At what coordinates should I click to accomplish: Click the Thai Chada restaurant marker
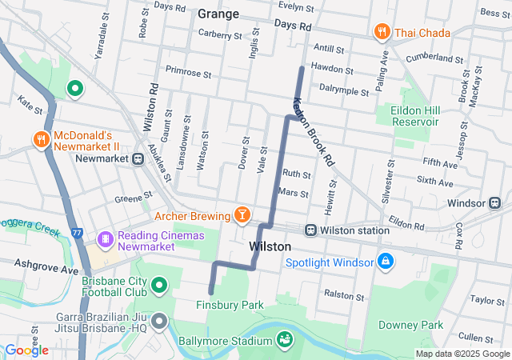(x=382, y=32)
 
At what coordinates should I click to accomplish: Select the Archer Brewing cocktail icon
(x=241, y=214)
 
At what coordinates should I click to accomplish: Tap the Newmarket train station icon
(x=138, y=158)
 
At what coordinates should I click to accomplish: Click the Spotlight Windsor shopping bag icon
(x=385, y=262)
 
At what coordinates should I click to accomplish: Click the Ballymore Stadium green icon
(x=284, y=342)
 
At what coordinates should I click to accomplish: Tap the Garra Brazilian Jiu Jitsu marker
(x=158, y=322)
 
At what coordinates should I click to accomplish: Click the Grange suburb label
(x=218, y=14)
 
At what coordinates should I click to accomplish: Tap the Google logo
(x=27, y=350)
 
